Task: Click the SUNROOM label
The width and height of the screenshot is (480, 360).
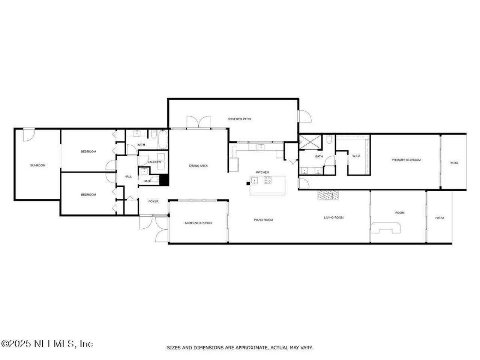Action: tap(37, 165)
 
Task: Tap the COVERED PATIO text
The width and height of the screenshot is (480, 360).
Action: tap(239, 119)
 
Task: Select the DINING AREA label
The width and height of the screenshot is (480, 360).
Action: tap(198, 166)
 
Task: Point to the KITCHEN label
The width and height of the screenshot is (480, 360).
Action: tap(262, 172)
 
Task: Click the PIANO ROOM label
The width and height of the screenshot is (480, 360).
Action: tap(263, 220)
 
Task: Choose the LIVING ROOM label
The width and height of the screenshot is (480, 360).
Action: tap(334, 217)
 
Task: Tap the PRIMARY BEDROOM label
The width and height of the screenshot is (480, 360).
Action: tap(406, 160)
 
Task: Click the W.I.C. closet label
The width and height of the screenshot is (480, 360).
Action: tap(356, 156)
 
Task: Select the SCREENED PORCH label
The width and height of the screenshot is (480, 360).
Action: tap(198, 223)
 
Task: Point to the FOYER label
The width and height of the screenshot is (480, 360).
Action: tap(153, 202)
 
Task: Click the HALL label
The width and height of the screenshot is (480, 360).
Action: tap(128, 177)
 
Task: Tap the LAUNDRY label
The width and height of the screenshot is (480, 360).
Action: tap(154, 162)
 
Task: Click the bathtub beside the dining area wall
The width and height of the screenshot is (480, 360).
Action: tap(163, 139)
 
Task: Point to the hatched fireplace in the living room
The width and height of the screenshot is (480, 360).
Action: tap(328, 194)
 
